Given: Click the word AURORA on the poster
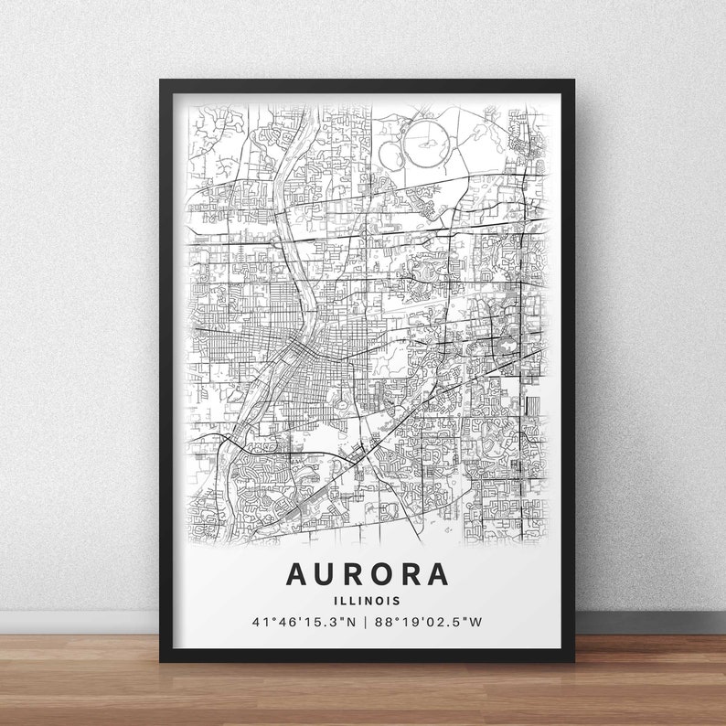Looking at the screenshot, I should click(368, 574).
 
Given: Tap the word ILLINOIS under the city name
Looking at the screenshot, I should click(368, 601).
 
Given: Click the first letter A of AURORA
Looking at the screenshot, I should click(297, 574).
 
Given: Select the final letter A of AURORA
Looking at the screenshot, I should click(438, 574).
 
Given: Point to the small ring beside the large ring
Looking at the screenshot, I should click(390, 155).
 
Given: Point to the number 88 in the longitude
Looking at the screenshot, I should click(384, 623).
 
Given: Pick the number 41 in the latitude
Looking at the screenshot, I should click(260, 623).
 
